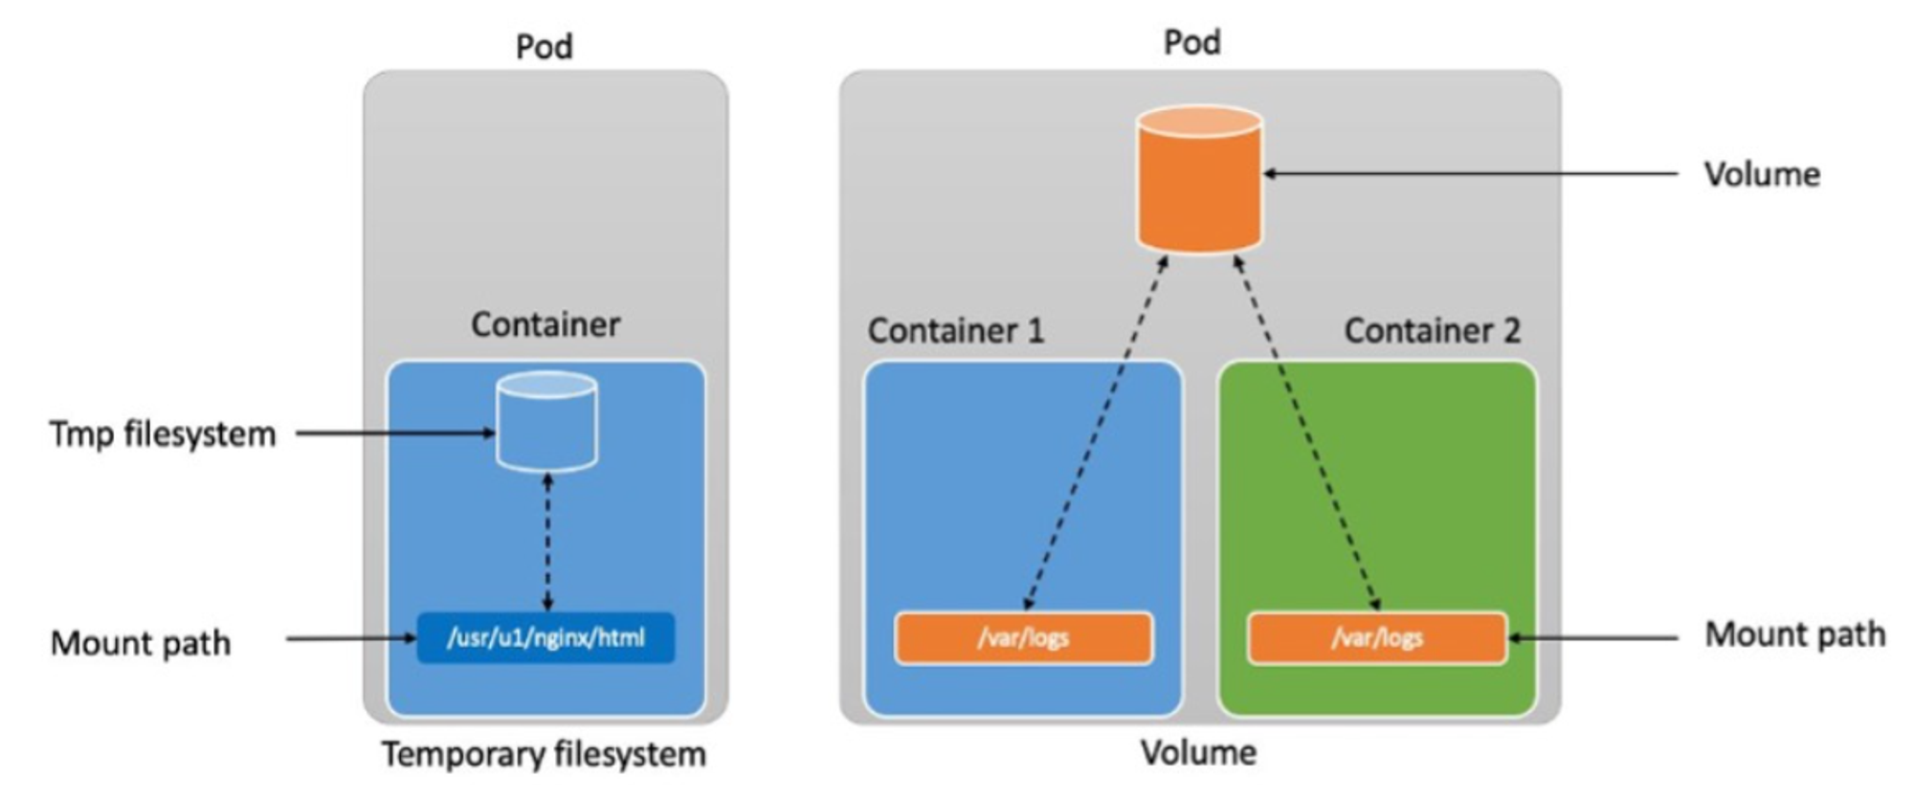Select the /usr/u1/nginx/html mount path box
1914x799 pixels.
coord(545,637)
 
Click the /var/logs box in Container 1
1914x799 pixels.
coord(1023,637)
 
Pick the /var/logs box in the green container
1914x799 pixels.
coord(1377,637)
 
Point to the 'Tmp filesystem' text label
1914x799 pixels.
coord(163,434)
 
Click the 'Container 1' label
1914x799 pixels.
coord(955,331)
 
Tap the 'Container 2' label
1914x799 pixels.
coord(1432,331)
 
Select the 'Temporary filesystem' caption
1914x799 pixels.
coord(544,755)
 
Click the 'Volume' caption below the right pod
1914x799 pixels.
coord(1198,753)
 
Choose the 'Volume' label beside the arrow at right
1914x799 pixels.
coord(1762,175)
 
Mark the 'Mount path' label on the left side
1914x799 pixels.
coord(141,643)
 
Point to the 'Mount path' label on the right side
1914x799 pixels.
coord(1795,635)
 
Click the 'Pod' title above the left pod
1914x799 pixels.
coord(544,47)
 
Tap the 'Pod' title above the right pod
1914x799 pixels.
coord(1191,42)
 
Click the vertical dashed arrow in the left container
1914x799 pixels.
coord(547,542)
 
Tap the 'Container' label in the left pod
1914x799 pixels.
coord(545,325)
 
